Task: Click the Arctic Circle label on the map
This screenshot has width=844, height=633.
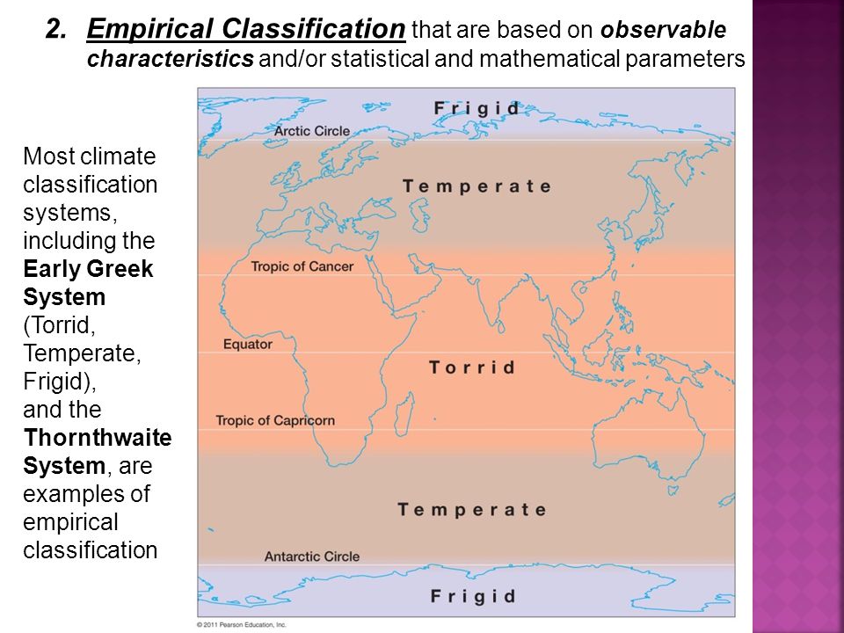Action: [x=312, y=131]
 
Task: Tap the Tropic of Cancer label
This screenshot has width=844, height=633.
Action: [x=302, y=266]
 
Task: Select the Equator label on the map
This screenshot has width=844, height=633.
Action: [x=248, y=345]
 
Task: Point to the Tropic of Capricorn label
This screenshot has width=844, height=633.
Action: [x=275, y=420]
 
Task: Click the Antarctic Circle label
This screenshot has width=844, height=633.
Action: [x=311, y=557]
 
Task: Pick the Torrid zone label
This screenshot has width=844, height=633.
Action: [x=472, y=367]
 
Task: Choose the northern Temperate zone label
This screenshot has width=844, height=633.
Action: [x=477, y=186]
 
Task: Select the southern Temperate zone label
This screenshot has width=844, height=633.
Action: [x=472, y=510]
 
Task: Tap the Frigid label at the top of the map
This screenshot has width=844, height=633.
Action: [x=477, y=109]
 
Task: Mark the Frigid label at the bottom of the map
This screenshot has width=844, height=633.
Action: [x=473, y=596]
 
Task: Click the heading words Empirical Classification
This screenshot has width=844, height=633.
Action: [x=246, y=29]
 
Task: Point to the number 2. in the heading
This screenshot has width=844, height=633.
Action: [x=56, y=29]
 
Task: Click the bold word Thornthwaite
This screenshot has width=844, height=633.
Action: [x=98, y=438]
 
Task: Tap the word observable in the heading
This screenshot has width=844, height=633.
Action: [x=663, y=30]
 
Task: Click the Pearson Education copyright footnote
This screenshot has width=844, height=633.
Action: [x=242, y=625]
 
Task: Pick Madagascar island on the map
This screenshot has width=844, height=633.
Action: [x=404, y=413]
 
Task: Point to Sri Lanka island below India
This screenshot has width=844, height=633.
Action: [x=501, y=326]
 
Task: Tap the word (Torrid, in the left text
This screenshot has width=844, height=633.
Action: [x=59, y=325]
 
